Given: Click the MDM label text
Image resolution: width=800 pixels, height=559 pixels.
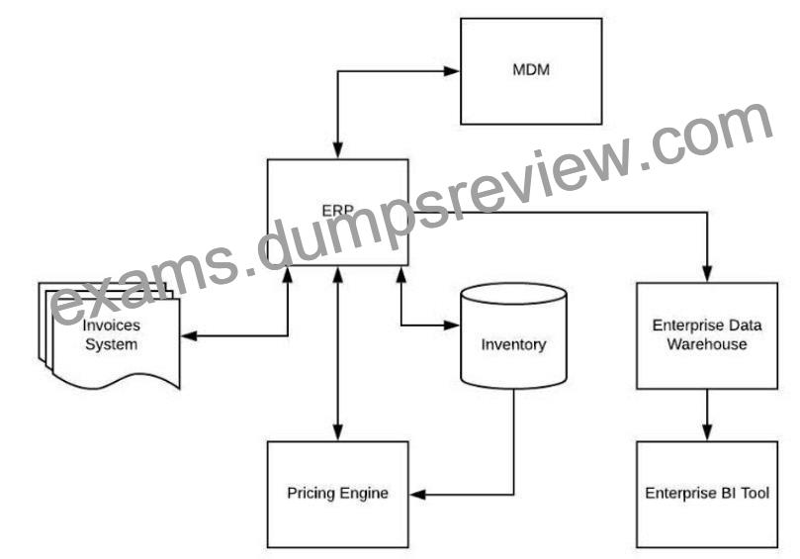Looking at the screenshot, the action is point(531,69).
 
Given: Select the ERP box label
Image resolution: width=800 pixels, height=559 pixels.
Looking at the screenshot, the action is point(338,211).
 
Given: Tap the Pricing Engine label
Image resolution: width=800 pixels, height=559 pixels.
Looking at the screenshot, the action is point(338,493).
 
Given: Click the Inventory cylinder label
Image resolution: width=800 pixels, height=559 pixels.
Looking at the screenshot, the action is point(513,344).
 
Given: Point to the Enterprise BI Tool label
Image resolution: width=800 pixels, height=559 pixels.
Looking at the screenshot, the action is point(707,493).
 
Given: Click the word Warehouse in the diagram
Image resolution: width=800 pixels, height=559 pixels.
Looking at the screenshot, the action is point(707,344).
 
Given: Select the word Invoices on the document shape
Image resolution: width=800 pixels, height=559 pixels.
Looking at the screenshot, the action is point(111,326).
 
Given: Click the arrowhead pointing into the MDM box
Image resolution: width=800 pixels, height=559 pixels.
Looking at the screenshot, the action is point(452,71).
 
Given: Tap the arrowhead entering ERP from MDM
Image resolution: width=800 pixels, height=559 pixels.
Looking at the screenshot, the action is point(338,150).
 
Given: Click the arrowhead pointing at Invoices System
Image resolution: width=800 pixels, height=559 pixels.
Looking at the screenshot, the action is point(189,336).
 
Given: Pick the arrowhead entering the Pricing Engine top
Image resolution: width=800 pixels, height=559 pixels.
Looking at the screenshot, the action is point(338,432).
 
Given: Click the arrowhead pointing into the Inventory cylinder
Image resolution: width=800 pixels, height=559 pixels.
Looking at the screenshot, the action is point(452,325).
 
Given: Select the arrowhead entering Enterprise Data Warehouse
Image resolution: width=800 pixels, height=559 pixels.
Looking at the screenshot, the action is point(707,274).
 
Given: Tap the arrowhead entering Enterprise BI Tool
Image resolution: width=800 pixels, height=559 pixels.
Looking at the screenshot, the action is point(707,432).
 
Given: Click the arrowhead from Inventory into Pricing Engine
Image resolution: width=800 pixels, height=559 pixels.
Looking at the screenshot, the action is point(417,494).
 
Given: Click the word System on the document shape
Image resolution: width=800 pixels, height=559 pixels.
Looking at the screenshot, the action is point(111,344).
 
